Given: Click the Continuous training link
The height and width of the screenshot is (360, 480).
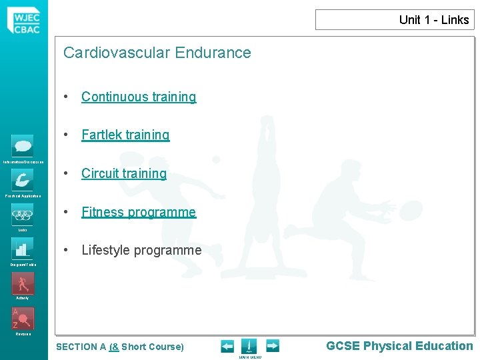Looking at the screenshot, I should [x=139, y=97].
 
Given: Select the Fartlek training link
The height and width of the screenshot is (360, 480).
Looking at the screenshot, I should [x=125, y=135].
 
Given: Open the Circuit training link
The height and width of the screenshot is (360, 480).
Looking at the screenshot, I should [x=124, y=174].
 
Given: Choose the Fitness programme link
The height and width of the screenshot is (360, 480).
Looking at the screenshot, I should [x=139, y=213].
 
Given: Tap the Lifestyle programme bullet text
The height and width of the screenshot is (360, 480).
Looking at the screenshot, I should [x=141, y=251].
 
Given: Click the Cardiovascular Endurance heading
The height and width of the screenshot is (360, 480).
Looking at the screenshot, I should [x=157, y=53].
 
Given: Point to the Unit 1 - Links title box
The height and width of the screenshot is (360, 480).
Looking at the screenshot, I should [x=395, y=20].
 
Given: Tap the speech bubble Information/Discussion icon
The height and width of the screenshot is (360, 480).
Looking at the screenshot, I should [x=23, y=146].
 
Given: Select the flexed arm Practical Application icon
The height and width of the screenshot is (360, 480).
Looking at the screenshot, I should [x=23, y=180].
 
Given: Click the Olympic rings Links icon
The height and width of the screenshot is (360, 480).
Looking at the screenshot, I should [x=23, y=215].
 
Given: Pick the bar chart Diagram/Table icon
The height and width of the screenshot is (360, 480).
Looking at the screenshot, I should [x=23, y=249].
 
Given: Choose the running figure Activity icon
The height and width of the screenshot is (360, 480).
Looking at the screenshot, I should [x=23, y=283].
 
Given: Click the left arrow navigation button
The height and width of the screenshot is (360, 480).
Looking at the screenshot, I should [x=227, y=346].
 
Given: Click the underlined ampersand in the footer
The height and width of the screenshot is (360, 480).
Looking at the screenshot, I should [x=114, y=347].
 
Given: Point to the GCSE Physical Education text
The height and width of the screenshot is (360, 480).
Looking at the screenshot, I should [x=399, y=346].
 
